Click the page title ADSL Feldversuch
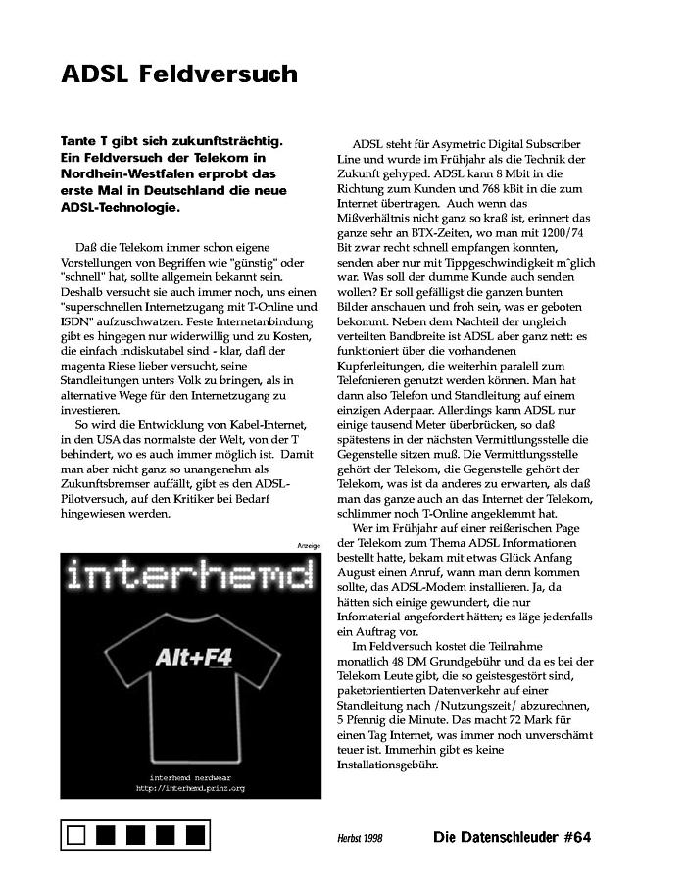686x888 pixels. [178, 74]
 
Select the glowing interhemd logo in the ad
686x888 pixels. [191, 578]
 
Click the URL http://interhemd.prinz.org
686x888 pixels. [190, 787]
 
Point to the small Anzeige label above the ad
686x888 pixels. [308, 545]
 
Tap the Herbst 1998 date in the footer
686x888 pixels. [361, 838]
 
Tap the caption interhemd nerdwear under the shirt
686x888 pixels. [190, 776]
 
